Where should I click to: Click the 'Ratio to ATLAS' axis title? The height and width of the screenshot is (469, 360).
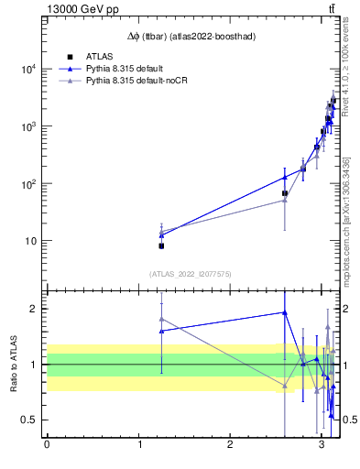(14, 365)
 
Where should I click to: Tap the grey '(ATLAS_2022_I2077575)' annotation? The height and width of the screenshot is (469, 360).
(191, 273)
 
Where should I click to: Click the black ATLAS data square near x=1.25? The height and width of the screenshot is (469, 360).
(161, 245)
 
